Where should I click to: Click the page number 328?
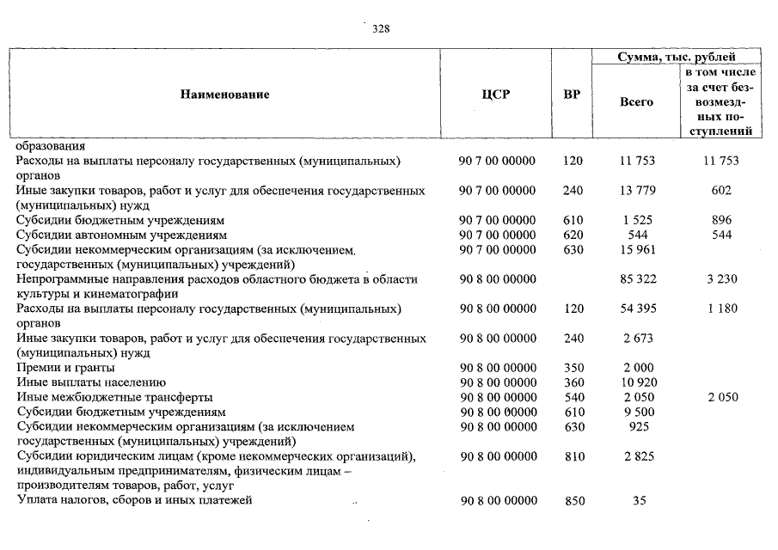click(381, 28)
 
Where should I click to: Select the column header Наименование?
click(224, 95)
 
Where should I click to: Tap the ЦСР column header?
click(496, 95)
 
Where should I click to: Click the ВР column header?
click(572, 95)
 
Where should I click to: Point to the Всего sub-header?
click(636, 101)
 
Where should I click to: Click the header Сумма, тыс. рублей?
click(675, 57)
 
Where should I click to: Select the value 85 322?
click(637, 279)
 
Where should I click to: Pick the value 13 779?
click(637, 191)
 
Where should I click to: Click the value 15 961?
click(637, 250)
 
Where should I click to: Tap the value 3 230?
click(722, 279)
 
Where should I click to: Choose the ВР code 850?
click(573, 501)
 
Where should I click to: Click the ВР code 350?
click(573, 368)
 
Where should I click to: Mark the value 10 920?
click(637, 382)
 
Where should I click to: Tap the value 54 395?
click(637, 309)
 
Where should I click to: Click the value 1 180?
click(722, 309)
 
